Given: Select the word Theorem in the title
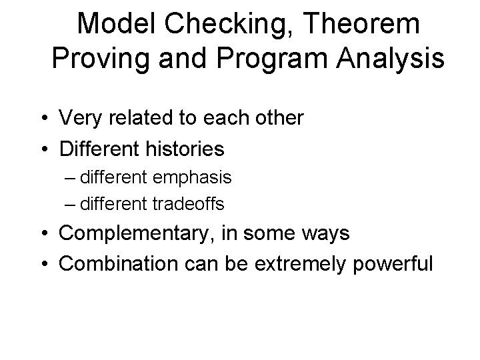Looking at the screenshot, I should click(364, 25).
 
